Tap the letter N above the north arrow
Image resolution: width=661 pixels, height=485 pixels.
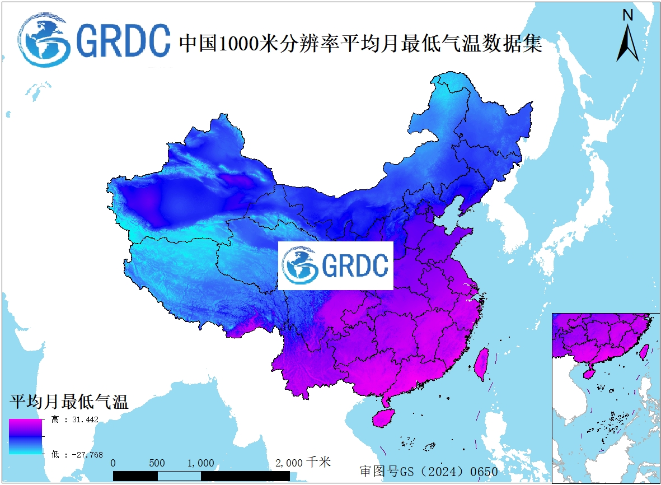628,15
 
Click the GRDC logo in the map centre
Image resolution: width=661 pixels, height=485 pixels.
336,265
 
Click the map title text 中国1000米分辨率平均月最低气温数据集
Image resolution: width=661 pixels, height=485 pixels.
360,43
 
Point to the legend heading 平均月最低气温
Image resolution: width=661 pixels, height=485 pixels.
69,401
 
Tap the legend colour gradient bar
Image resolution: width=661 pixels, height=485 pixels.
25,436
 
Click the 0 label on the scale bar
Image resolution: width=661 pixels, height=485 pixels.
114,463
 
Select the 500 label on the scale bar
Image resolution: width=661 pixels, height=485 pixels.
157,463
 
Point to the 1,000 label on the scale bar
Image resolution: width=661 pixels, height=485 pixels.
200,463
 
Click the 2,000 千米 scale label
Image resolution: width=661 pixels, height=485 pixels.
303,463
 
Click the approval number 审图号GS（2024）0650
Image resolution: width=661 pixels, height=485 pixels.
429,471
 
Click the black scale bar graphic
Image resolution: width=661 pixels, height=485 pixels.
201,475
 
